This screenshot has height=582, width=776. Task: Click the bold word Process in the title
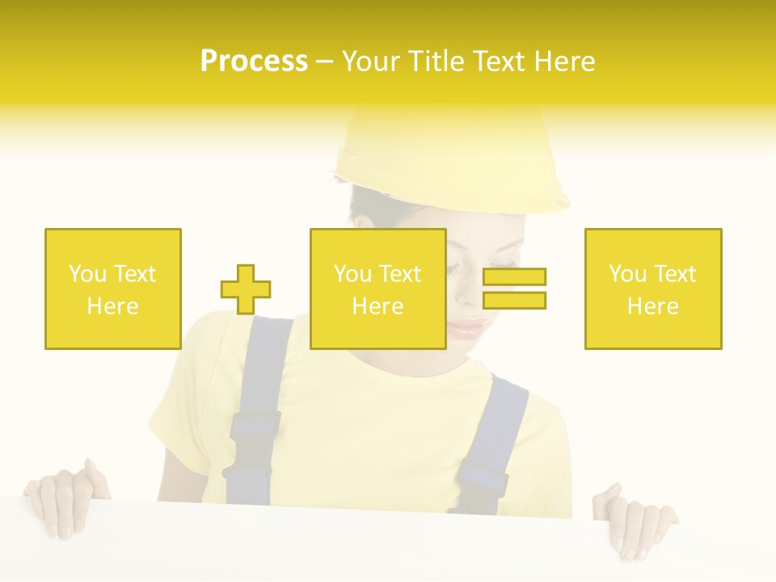coord(254,61)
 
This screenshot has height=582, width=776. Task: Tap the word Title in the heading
coord(437,61)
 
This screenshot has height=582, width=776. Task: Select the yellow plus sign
coord(246,289)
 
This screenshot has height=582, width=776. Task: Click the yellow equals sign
coord(514,289)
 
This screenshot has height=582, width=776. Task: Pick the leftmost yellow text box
coord(112,289)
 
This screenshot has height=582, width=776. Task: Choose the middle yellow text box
coord(377,289)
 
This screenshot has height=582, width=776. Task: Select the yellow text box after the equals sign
coord(652,289)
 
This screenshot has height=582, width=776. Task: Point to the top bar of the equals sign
coord(514,277)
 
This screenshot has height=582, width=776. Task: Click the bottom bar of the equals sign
coord(514,301)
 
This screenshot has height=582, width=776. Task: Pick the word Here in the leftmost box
coord(112,306)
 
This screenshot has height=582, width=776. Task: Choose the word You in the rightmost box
coord(626,274)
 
